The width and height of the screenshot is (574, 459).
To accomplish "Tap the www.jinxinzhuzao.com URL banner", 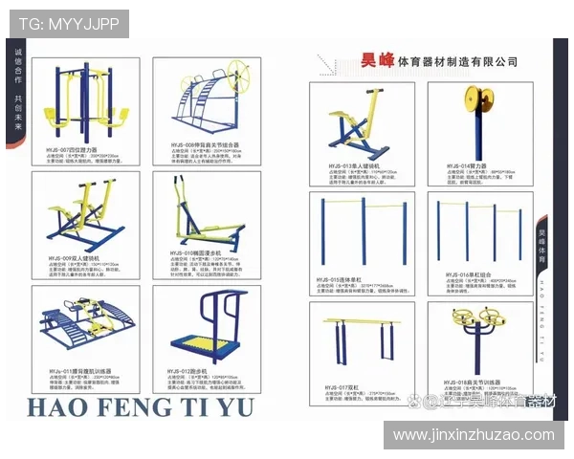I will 474,435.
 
